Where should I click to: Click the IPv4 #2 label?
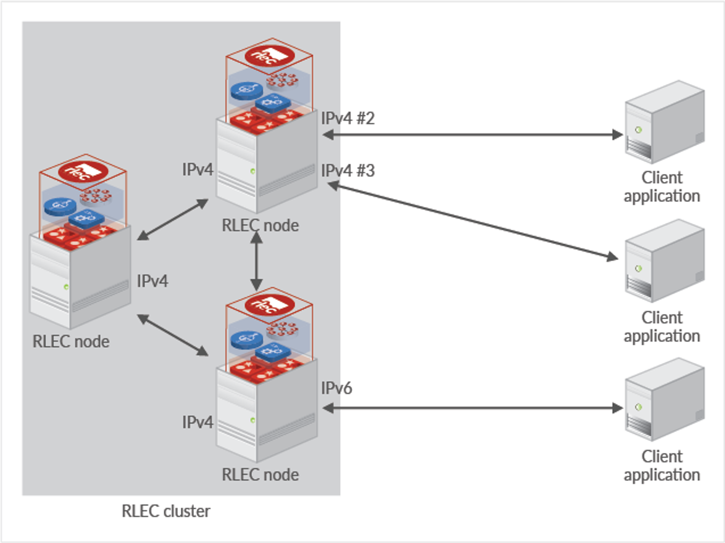point(348,118)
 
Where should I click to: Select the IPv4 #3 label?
point(348,171)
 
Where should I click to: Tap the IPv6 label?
point(336,388)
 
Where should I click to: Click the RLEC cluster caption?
point(166,511)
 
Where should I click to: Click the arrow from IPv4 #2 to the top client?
point(472,134)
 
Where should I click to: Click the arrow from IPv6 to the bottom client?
point(472,408)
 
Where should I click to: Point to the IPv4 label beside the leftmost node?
point(152,281)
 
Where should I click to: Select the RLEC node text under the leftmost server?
point(71,342)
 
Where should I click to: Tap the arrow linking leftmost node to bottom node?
point(172,335)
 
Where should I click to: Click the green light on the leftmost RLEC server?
point(66,287)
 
